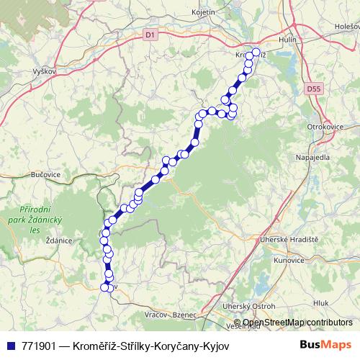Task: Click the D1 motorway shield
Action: click(x=149, y=34)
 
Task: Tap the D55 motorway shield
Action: click(x=312, y=89)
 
